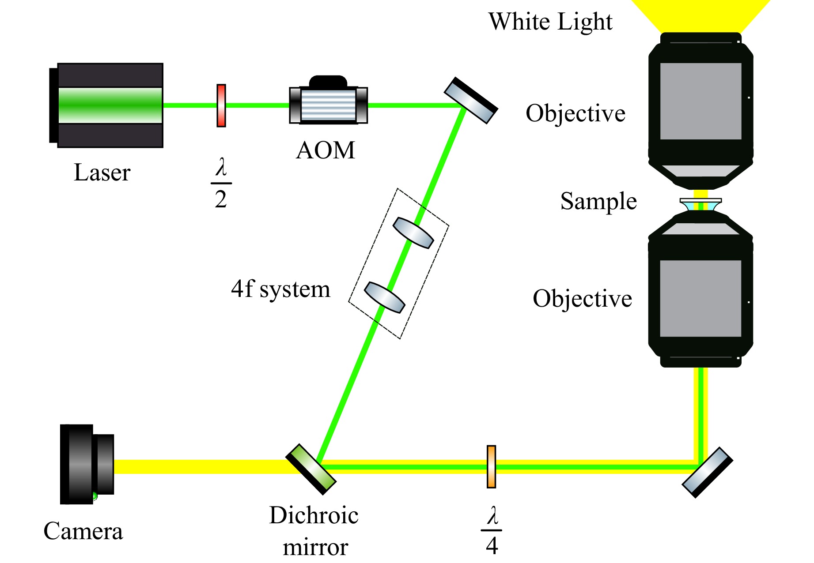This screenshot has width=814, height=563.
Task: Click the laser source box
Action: pyautogui.click(x=108, y=105)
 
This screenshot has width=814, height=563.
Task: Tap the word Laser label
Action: pyautogui.click(x=102, y=173)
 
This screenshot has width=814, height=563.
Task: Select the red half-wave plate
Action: pyautogui.click(x=221, y=105)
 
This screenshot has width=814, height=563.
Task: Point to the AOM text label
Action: pyautogui.click(x=326, y=150)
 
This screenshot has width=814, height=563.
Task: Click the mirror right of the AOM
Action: pyautogui.click(x=471, y=101)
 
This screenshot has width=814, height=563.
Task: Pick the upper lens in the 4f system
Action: pyautogui.click(x=413, y=233)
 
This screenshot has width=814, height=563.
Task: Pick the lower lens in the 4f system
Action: pyautogui.click(x=384, y=297)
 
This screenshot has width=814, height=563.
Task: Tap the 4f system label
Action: pyautogui.click(x=280, y=289)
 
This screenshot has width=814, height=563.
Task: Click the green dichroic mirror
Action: pyautogui.click(x=311, y=469)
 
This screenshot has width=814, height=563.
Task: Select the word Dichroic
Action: pyautogui.click(x=314, y=515)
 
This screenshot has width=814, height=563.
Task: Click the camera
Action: pyautogui.click(x=87, y=464)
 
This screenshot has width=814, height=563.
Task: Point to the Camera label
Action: pyautogui.click(x=83, y=531)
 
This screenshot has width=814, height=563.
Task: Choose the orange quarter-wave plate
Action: pyautogui.click(x=491, y=466)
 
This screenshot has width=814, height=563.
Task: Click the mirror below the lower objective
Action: pyautogui.click(x=708, y=472)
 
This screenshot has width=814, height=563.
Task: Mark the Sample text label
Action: pyautogui.click(x=598, y=201)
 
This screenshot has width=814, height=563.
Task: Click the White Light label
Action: pyautogui.click(x=550, y=22)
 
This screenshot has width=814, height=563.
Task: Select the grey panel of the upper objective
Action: pyautogui.click(x=700, y=101)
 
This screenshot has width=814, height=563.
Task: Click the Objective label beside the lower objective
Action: pyautogui.click(x=582, y=299)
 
